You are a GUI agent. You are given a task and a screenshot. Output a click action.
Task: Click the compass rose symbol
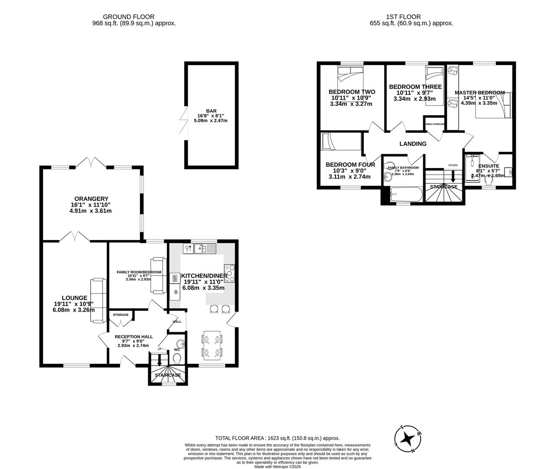tap(408, 438)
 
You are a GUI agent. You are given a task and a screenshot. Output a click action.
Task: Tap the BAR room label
tap(211, 111)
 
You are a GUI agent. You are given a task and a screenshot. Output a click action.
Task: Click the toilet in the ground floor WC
tap(177, 359)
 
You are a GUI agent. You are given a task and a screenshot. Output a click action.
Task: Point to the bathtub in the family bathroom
tap(406, 194)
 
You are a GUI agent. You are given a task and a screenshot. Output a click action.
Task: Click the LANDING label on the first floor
tap(412, 144)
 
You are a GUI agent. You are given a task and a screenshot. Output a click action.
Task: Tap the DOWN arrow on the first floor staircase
tap(453, 176)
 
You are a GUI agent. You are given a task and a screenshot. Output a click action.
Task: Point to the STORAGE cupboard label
tap(121, 314)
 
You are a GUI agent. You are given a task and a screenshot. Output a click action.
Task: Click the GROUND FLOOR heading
tap(134, 17)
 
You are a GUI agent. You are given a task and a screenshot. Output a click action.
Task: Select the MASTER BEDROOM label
tap(479, 92)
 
